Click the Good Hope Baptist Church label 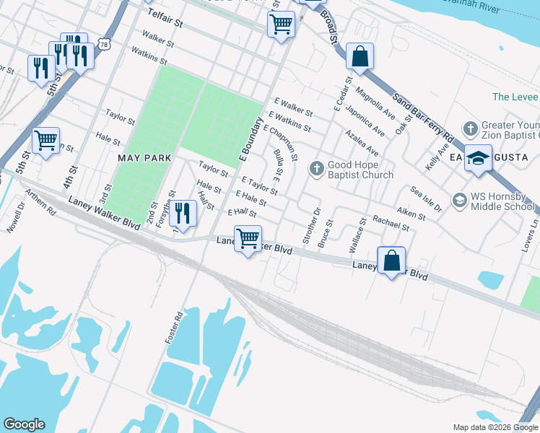(361, 169)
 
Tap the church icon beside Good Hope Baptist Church (316, 169)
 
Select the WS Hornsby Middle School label (503, 200)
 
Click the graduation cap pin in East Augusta (478, 159)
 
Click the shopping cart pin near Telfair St (280, 24)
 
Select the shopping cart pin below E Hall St (248, 237)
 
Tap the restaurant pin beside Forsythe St (183, 213)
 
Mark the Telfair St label (167, 22)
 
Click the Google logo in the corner (24, 424)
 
